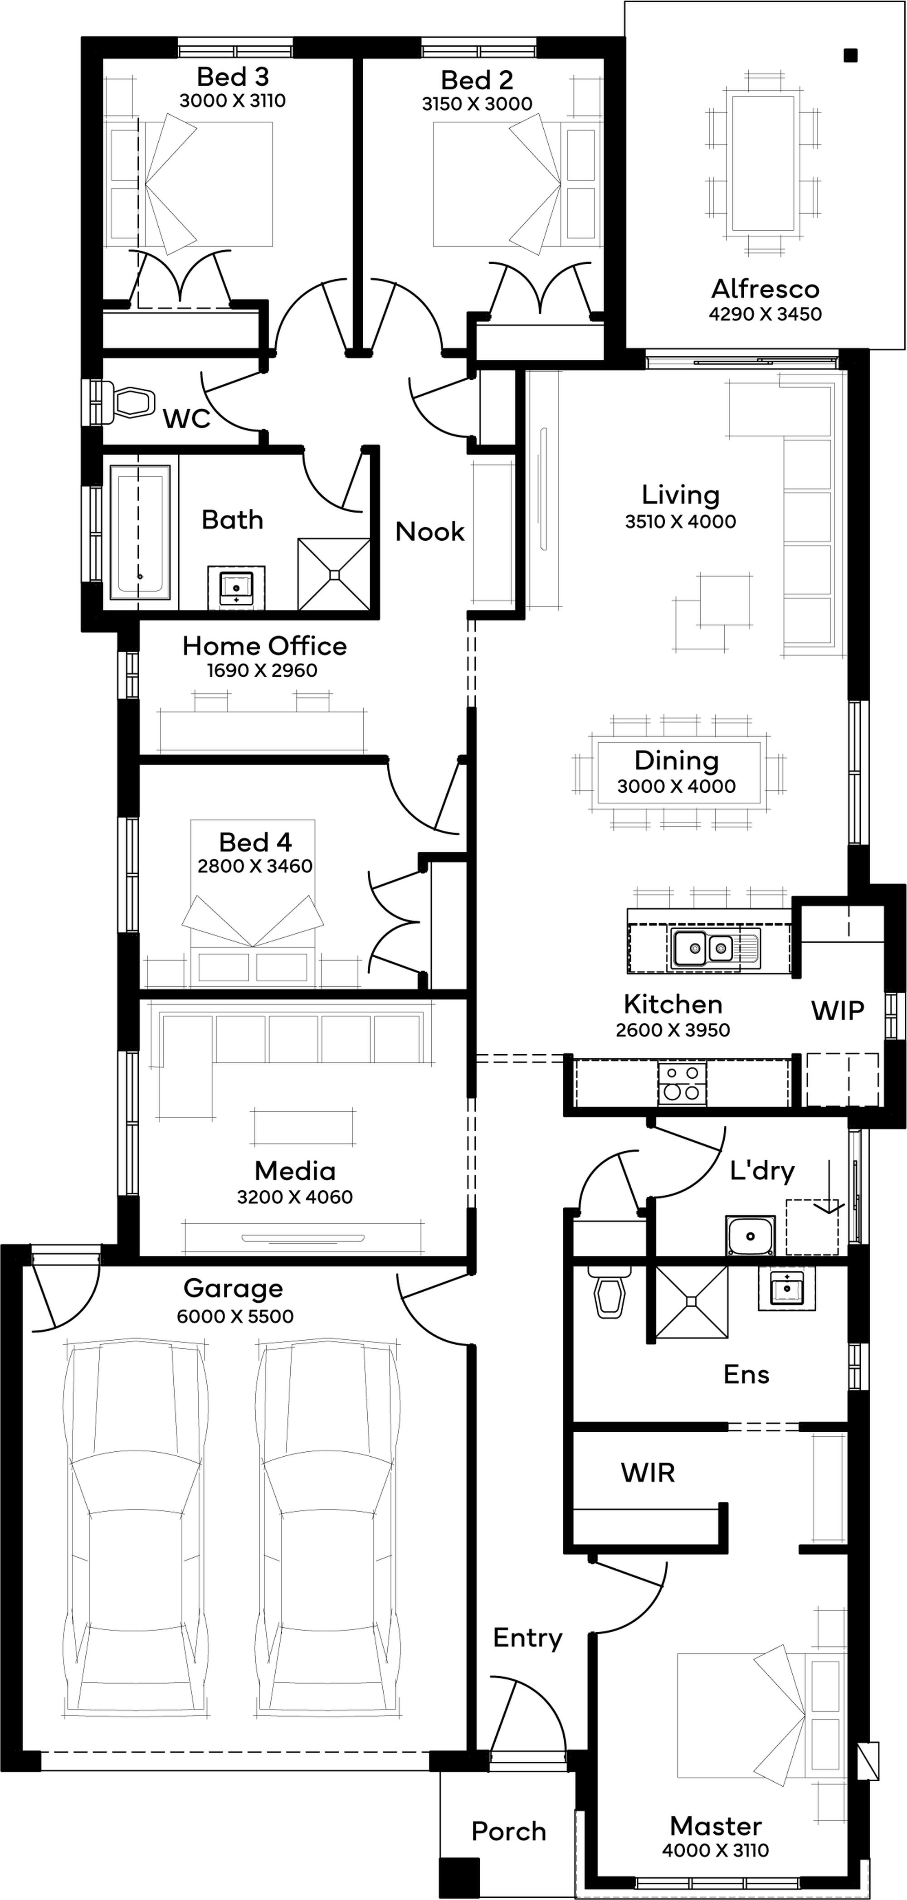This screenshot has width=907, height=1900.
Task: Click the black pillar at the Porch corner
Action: (459, 1877)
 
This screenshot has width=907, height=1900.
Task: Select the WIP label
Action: (838, 1010)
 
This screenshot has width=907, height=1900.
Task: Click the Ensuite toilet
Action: (609, 1291)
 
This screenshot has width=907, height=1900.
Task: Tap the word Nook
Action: (429, 531)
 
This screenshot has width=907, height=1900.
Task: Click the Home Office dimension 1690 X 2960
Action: (262, 670)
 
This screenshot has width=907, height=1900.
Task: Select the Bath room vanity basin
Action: (236, 587)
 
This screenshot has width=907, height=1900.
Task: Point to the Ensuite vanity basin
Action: (787, 1289)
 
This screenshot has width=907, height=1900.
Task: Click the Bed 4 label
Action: (255, 842)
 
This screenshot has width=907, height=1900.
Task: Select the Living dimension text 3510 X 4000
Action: (680, 522)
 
